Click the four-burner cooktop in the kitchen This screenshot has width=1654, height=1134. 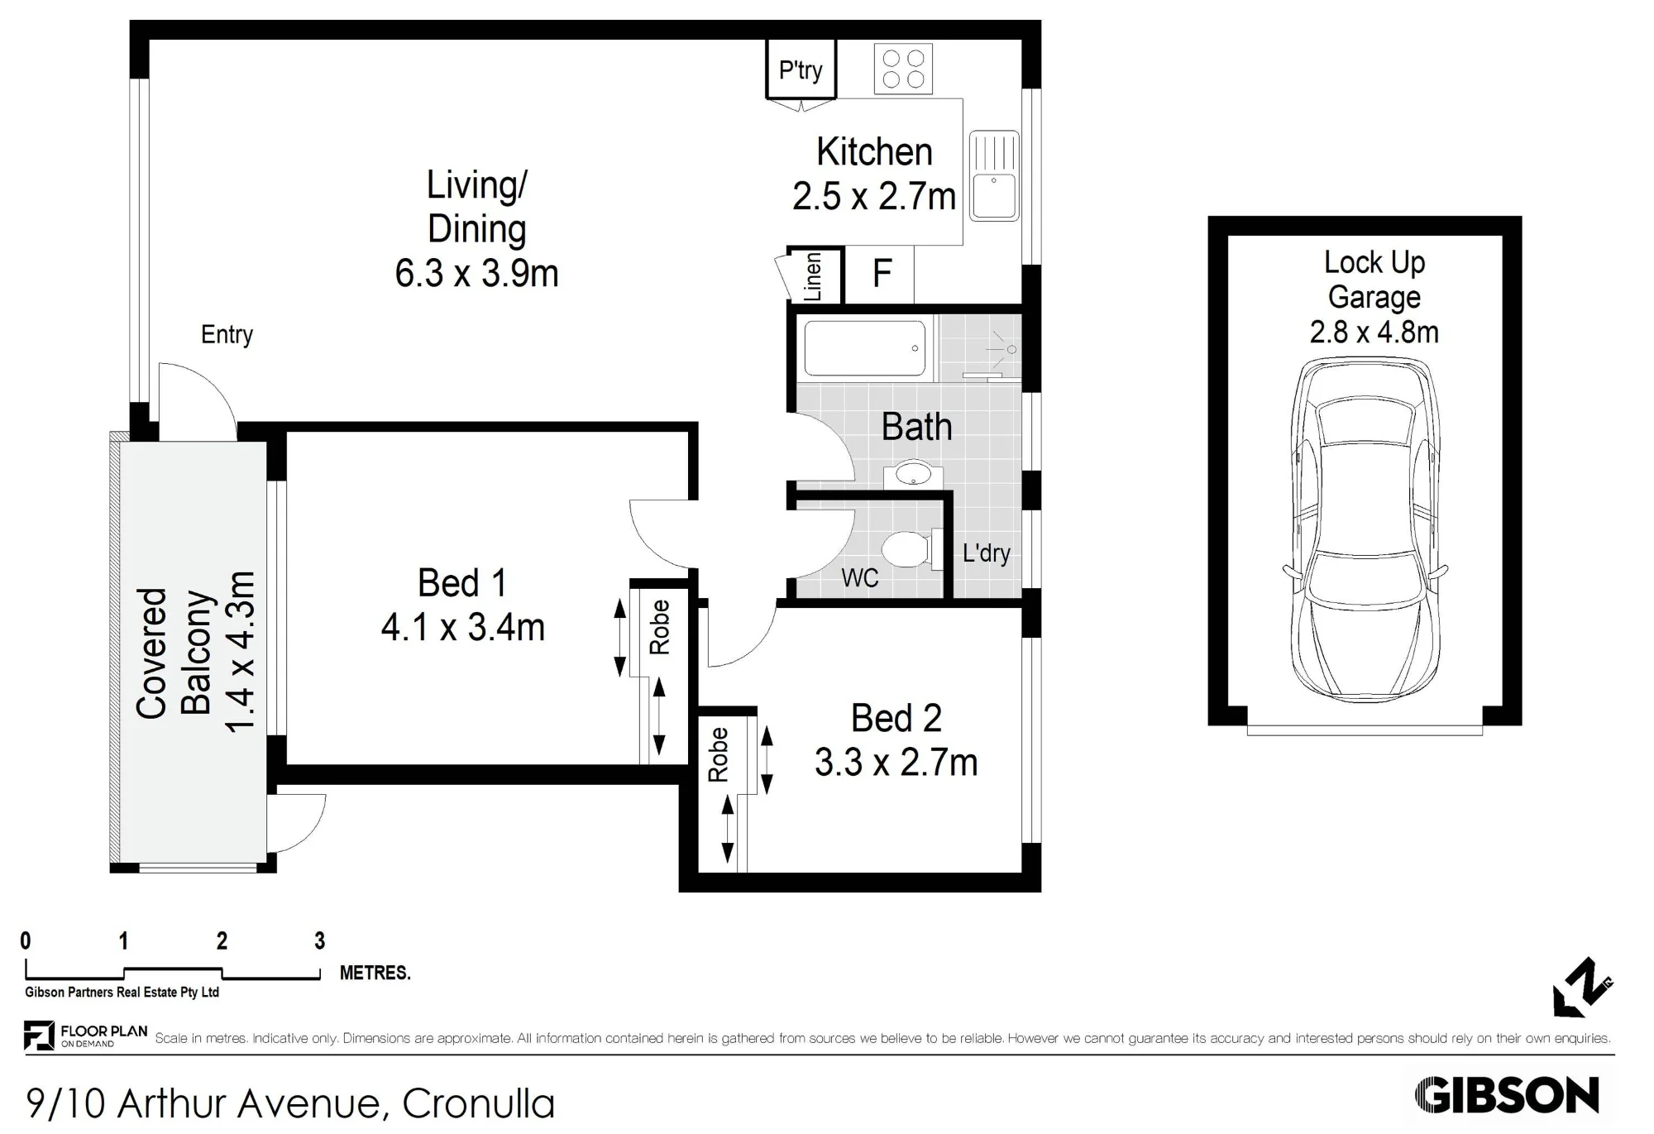903,69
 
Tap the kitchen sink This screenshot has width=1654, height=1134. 994,175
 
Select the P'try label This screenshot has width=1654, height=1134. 801,70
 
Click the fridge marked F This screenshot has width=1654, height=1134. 882,273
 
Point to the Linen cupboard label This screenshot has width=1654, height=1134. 813,277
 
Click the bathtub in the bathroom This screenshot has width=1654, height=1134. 865,348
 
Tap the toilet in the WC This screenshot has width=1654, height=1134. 911,548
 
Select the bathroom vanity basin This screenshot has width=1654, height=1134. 913,475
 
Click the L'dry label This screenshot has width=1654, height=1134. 987,553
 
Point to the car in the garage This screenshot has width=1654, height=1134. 1365,530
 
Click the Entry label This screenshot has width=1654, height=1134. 227,335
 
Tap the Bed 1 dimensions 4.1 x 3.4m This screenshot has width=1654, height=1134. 463,628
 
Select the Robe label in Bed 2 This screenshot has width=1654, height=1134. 718,754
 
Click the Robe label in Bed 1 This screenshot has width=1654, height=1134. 659,628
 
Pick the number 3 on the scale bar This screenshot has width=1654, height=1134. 320,940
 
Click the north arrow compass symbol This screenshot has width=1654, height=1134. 1582,987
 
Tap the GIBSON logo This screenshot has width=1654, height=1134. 1507,1096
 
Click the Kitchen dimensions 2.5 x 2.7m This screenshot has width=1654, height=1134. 874,197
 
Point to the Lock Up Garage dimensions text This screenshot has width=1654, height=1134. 1374,333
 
